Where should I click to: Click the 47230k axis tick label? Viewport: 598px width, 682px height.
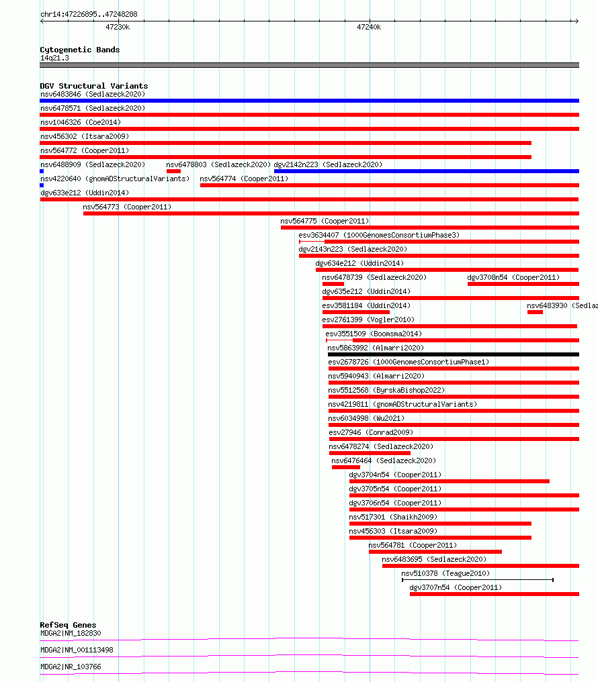tap(118, 27)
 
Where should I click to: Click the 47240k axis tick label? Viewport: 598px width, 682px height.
tap(369, 27)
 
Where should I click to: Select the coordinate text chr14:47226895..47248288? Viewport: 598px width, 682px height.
tap(89, 14)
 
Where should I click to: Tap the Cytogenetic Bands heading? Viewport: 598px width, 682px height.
tap(80, 50)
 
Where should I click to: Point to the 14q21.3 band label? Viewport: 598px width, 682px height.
tap(54, 58)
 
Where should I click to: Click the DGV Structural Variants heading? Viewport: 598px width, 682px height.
tap(94, 86)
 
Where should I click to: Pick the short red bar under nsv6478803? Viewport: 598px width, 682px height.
tap(173, 171)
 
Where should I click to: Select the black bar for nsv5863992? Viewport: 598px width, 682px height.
tap(454, 354)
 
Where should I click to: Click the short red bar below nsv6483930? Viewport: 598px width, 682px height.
tap(535, 312)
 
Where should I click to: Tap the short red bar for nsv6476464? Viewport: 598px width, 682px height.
tap(345, 467)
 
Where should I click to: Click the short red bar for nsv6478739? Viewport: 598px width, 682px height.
tap(333, 284)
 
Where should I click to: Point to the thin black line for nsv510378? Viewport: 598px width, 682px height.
tap(478, 580)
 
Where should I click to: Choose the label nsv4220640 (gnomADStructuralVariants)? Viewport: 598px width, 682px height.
tap(115, 179)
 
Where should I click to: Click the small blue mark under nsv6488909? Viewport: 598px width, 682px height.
tap(42, 171)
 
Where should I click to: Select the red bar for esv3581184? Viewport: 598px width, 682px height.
tap(355, 312)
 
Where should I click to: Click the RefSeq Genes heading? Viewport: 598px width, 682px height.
tap(68, 624)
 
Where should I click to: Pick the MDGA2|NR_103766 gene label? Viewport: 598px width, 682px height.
tap(71, 667)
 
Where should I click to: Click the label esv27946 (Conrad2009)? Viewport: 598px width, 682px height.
tap(371, 432)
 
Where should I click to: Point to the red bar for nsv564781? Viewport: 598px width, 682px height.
tap(435, 552)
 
